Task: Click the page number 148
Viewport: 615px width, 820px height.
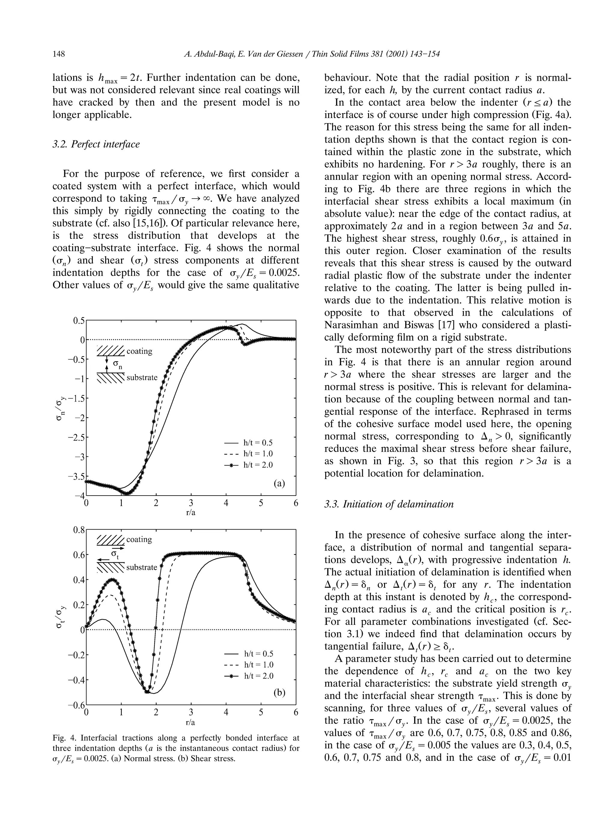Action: coord(59,54)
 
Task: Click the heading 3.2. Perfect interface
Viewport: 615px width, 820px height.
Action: coord(96,144)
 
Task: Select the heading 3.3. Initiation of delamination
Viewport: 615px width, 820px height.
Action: coord(389,504)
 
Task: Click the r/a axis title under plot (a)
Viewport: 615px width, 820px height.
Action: coord(191,513)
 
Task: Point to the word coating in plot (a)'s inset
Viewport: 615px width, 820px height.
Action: coord(139,351)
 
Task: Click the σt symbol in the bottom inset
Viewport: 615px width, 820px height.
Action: coord(115,554)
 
